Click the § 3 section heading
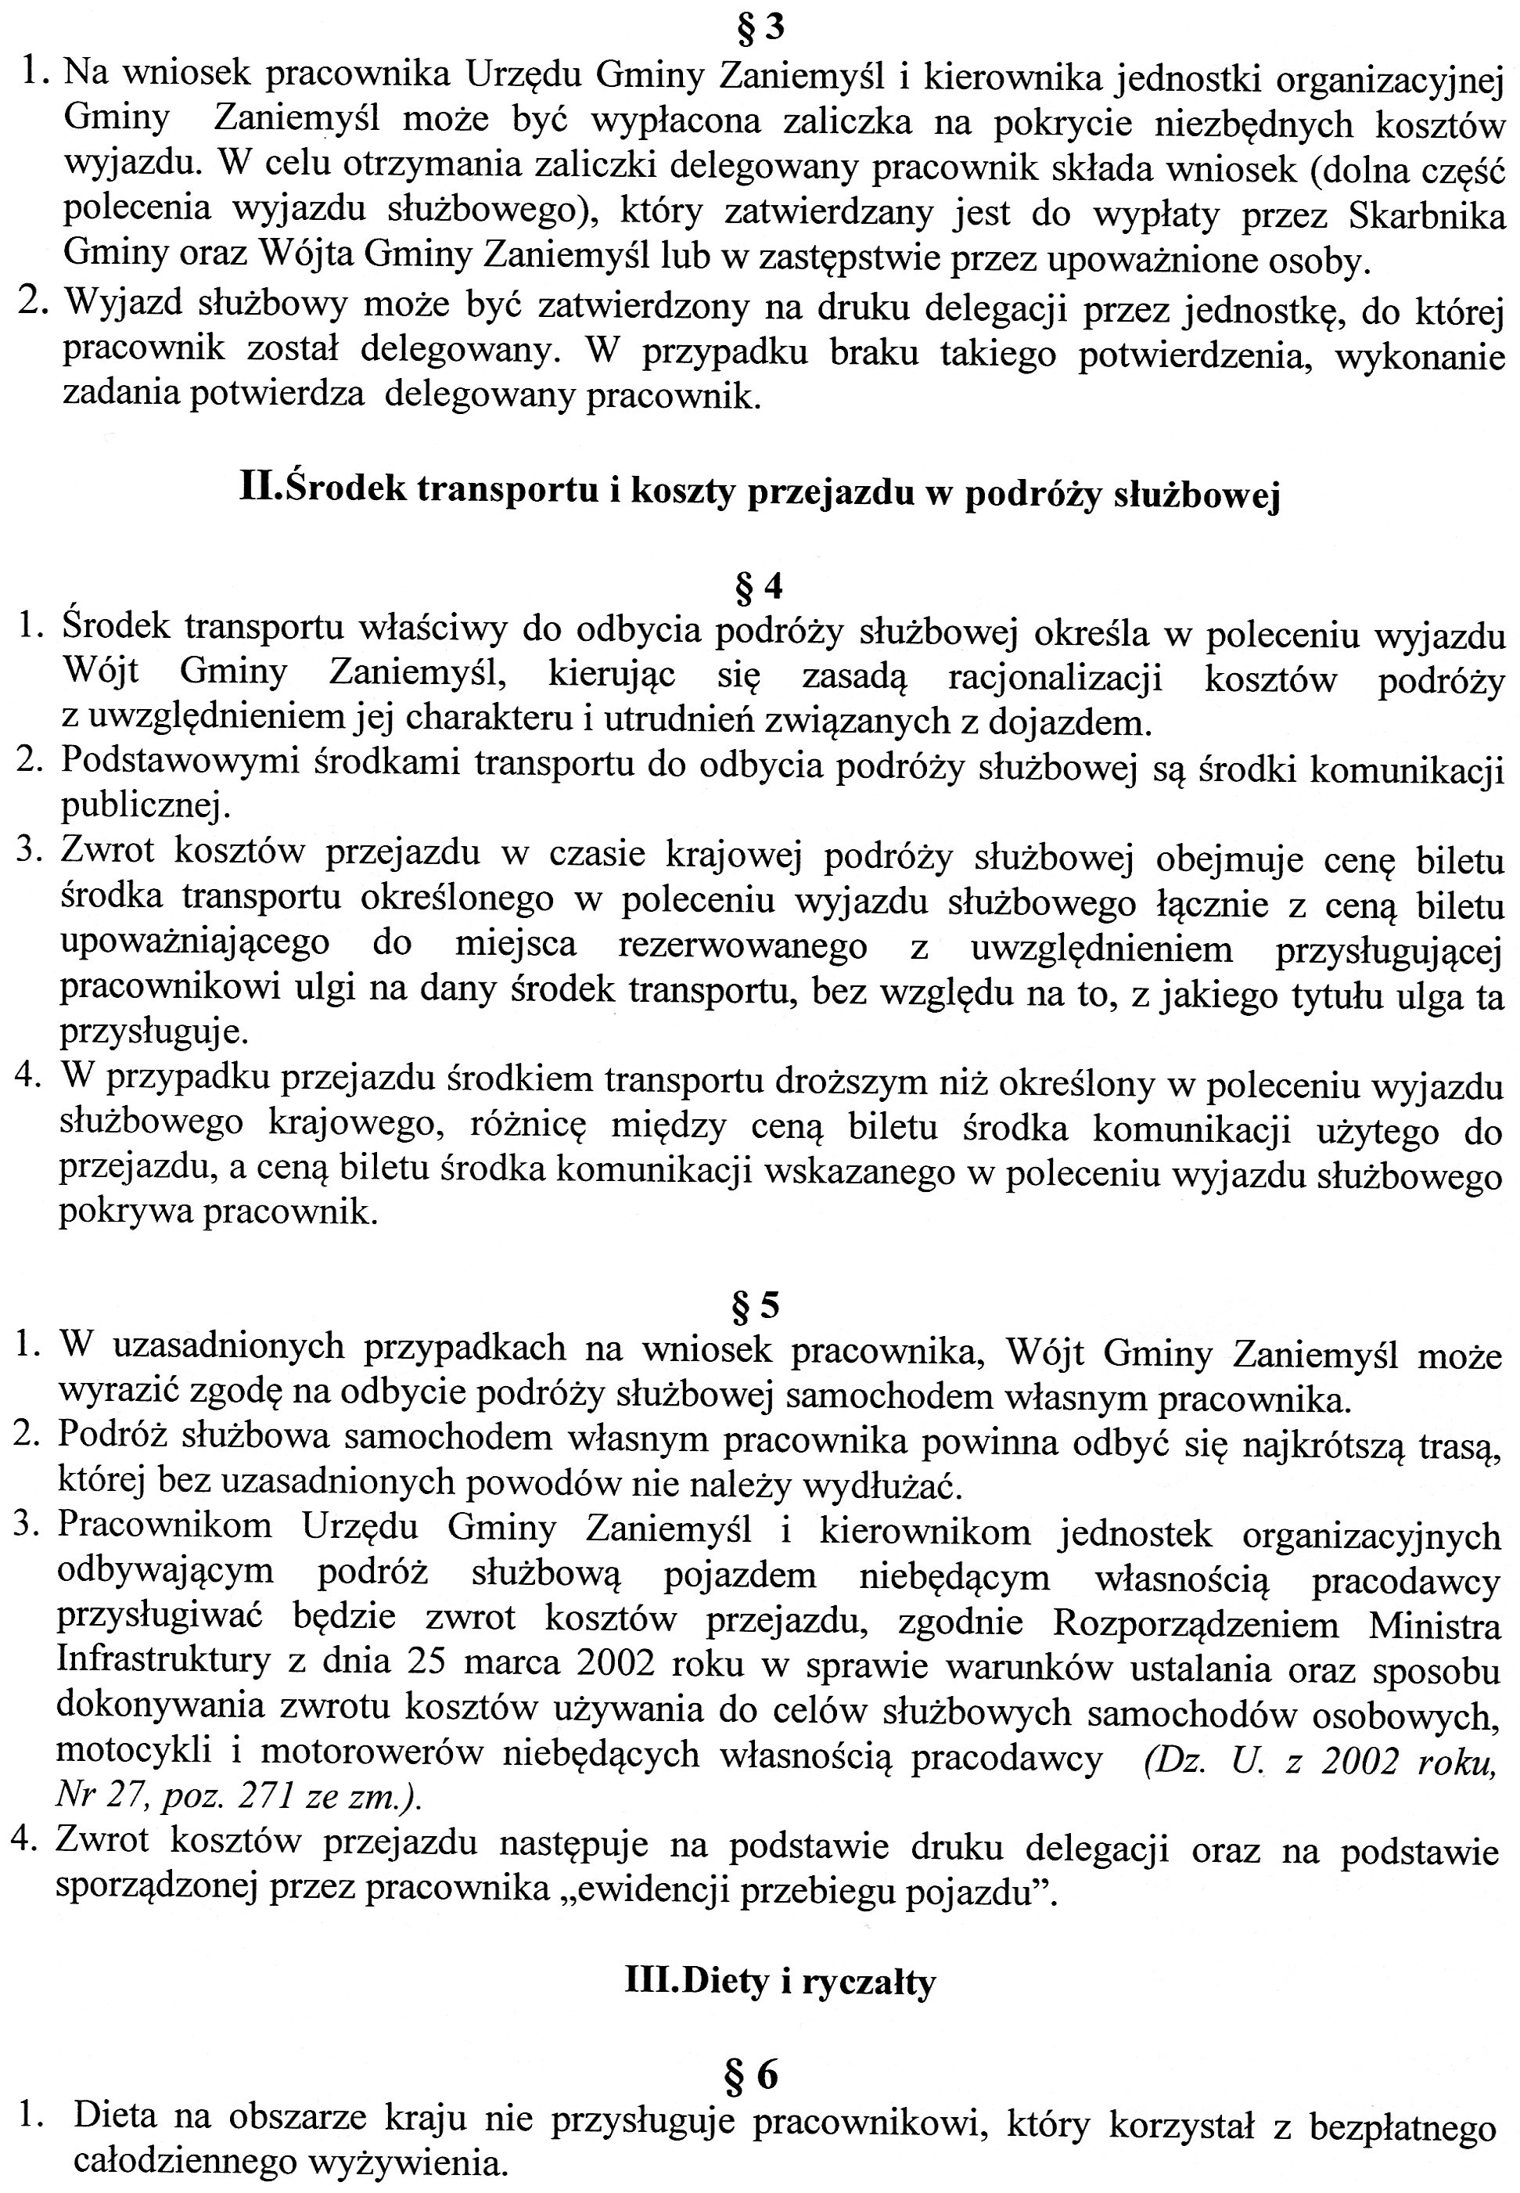tap(759, 27)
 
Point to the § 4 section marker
tap(759, 587)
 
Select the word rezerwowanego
tap(743, 946)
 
